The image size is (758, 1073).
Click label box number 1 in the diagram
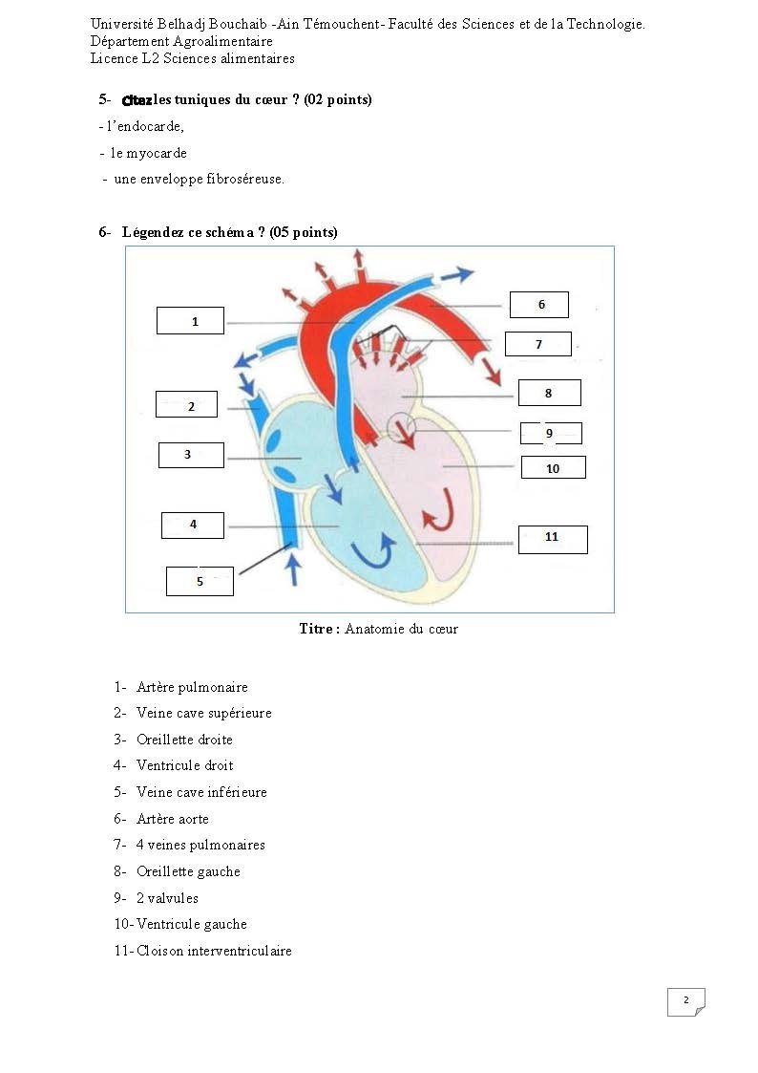coord(190,320)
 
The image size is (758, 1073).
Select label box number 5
coord(200,581)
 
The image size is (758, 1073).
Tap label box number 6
coord(539,305)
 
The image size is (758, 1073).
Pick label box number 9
coord(551,433)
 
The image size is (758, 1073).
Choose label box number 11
coord(553,539)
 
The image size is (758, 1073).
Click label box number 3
coord(191,455)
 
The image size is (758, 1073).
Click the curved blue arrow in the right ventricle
coord(373,551)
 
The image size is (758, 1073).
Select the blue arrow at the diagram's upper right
coord(456,275)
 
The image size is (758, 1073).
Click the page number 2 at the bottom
coord(686,999)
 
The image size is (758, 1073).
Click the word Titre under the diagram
coord(316,628)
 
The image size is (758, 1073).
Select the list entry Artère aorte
coord(172,819)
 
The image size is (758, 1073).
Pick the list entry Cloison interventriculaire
coord(214,951)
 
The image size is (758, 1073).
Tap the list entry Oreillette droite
coord(184,739)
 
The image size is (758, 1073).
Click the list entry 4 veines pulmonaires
coord(200,846)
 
